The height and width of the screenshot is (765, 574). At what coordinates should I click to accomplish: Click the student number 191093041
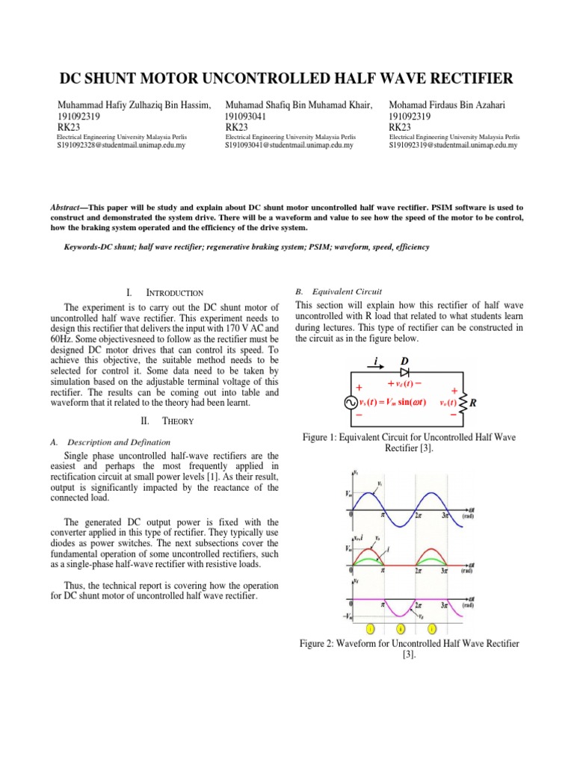tap(250, 117)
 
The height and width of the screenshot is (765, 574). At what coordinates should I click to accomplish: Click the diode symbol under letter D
tap(406, 373)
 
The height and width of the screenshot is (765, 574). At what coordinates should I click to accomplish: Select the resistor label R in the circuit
tap(473, 403)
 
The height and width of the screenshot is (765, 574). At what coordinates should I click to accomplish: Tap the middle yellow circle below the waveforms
tap(401, 629)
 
